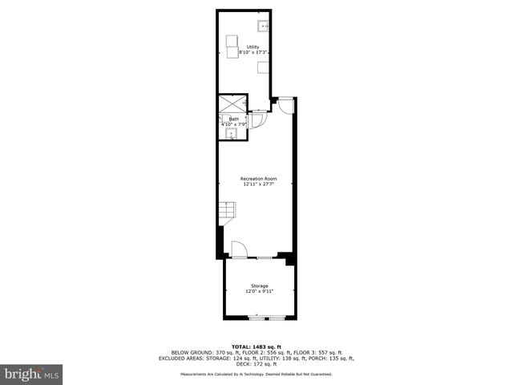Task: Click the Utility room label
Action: pos(252,46)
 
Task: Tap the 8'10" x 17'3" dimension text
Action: pos(252,52)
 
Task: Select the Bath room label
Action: pos(233,119)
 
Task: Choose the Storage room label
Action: pos(259,286)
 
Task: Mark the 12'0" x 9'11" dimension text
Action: pos(259,291)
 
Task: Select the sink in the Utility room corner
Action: pos(265,26)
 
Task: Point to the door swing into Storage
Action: pos(239,249)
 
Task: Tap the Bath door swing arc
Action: pos(258,120)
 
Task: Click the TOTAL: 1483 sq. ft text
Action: pos(256,346)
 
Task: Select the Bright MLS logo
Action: pos(32,374)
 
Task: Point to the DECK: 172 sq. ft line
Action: pos(256,365)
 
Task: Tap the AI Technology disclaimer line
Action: pos(256,374)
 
